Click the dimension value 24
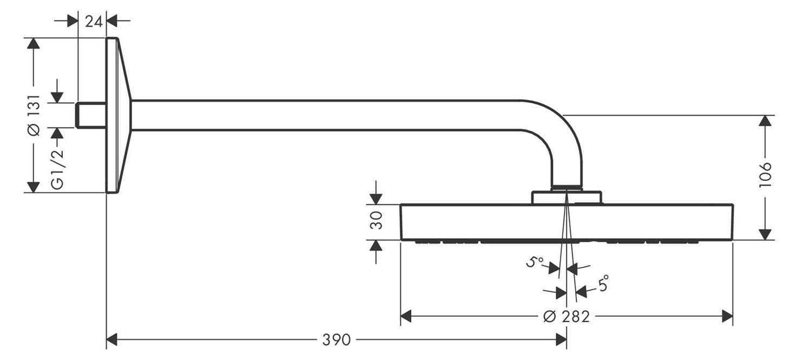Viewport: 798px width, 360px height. pos(94,22)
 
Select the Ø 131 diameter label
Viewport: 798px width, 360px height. pos(35,115)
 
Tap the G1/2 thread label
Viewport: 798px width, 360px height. pos(57,168)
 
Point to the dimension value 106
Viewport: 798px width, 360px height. pos(765,175)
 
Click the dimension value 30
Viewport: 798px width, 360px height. pos(376,220)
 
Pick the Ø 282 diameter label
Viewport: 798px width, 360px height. pos(566,317)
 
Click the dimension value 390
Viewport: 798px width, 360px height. pos(337,340)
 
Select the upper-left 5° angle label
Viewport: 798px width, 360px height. pos(535,262)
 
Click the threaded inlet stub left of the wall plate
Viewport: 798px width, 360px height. pos(91,115)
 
